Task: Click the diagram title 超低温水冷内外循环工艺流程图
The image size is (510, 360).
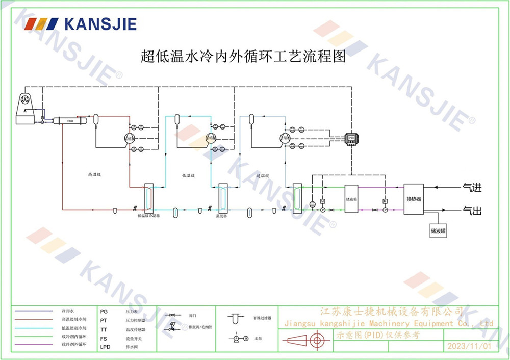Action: tap(243, 56)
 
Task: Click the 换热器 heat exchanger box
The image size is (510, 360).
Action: tap(413, 199)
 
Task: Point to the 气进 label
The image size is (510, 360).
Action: tap(472, 187)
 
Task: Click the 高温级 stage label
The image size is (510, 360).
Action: tap(94, 175)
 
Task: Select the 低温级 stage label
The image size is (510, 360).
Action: tap(189, 175)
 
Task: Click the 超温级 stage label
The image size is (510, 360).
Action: tap(263, 175)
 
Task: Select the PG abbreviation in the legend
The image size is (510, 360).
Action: tap(104, 311)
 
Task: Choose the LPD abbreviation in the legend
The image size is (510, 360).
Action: tap(105, 346)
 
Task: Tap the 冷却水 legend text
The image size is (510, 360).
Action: tap(68, 311)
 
